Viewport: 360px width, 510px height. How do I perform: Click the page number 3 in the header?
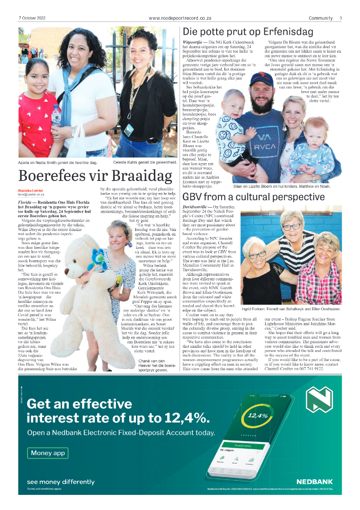tap(341, 18)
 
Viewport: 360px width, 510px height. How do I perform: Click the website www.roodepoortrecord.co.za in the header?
tap(180, 18)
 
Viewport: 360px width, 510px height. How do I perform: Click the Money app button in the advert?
tap(48, 453)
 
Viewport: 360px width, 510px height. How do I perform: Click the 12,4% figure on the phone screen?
tap(257, 416)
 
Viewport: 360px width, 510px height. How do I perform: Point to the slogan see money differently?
tap(61, 482)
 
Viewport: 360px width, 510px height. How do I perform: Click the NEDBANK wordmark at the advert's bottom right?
tap(314, 482)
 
